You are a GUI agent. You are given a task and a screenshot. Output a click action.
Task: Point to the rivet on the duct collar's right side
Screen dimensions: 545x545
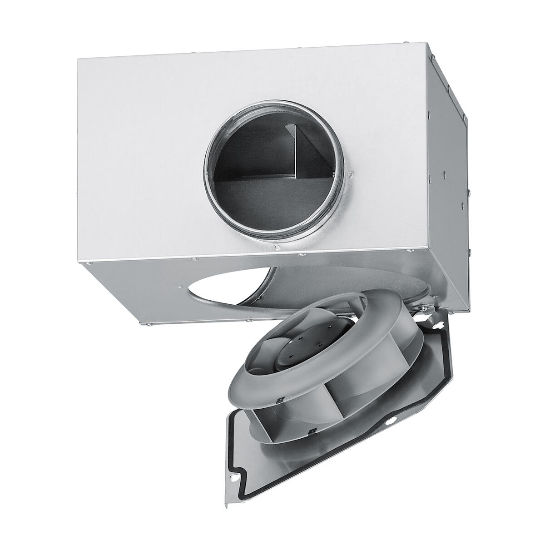(x=350, y=174)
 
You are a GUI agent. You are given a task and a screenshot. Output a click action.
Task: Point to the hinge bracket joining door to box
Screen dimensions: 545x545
(x=425, y=309)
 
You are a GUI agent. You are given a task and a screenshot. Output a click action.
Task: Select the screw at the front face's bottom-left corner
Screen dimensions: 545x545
(x=91, y=262)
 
